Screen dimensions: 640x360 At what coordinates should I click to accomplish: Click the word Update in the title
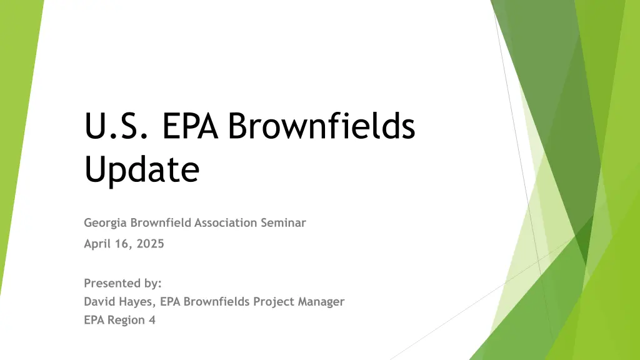[142, 169]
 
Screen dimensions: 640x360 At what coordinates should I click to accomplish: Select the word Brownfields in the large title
[321, 124]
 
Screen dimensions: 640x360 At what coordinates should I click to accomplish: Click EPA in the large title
[190, 125]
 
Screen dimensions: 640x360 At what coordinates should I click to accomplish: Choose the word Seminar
[283, 222]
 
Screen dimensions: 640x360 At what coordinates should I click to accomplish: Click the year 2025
[150, 244]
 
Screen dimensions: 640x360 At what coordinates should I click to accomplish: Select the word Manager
[321, 302]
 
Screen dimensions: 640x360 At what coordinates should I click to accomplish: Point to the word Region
[126, 320]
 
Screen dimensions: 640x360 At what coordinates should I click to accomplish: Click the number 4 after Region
[152, 320]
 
